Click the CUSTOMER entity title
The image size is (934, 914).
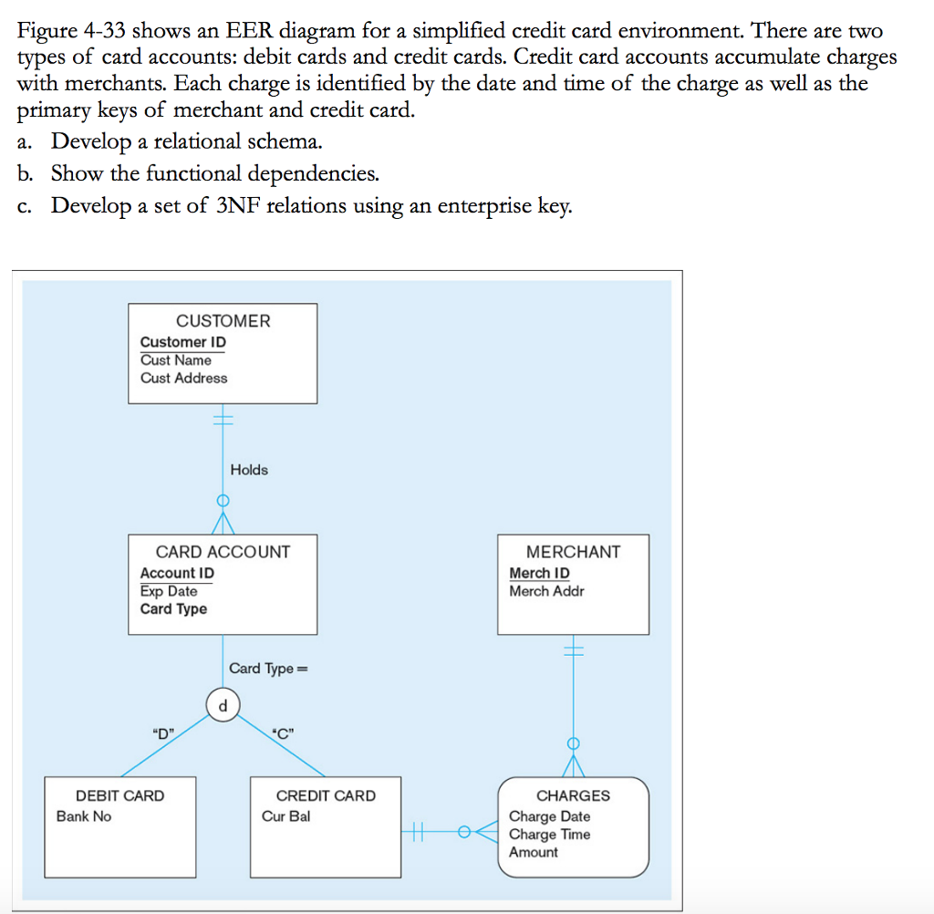223,321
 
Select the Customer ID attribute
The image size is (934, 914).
182,342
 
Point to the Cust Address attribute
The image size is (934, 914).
183,379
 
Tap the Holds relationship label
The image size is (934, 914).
249,470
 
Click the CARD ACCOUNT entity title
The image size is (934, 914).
223,552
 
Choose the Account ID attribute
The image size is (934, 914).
177,573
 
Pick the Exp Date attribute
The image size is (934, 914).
169,591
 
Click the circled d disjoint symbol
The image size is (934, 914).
223,704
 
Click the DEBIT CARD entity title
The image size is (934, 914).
120,795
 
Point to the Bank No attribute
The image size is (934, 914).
84,816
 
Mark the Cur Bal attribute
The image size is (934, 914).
285,816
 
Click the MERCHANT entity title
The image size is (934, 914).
573,552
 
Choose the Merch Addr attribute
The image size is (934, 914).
546,591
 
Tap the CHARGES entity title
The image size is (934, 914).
573,795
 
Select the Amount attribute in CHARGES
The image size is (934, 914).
534,852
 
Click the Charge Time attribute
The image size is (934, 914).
549,835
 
